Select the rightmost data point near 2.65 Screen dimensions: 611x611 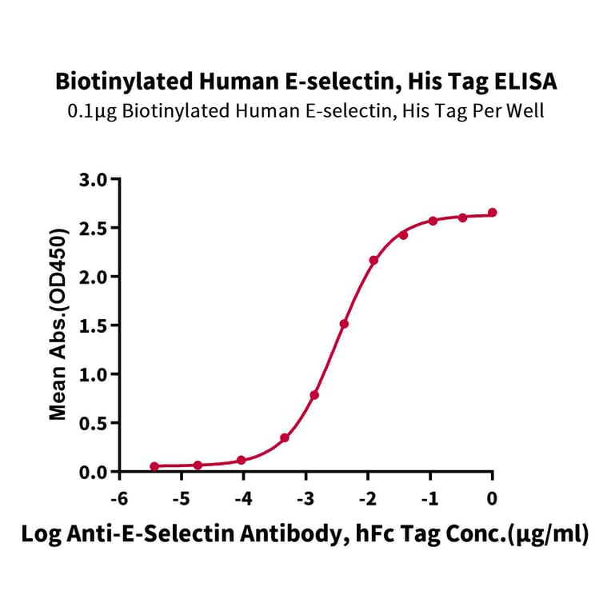click(x=492, y=213)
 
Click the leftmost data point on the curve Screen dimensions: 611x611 click(x=154, y=466)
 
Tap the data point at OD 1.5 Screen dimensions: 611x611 click(x=344, y=324)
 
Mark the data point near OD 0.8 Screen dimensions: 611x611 click(x=315, y=395)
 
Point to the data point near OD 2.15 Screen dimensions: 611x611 click(x=373, y=261)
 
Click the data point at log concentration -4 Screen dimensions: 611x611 click(x=242, y=461)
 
